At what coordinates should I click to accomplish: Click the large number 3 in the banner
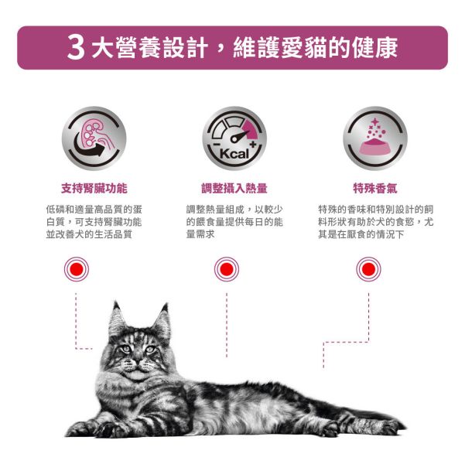(x=76, y=48)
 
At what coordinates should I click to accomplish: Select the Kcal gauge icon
(x=233, y=138)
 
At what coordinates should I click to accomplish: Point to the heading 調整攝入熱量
(x=233, y=188)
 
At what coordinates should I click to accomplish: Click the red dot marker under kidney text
(x=76, y=269)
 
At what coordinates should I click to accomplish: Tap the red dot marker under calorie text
(x=227, y=269)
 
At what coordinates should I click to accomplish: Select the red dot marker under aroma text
(x=368, y=269)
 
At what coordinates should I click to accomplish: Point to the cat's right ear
(x=162, y=317)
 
